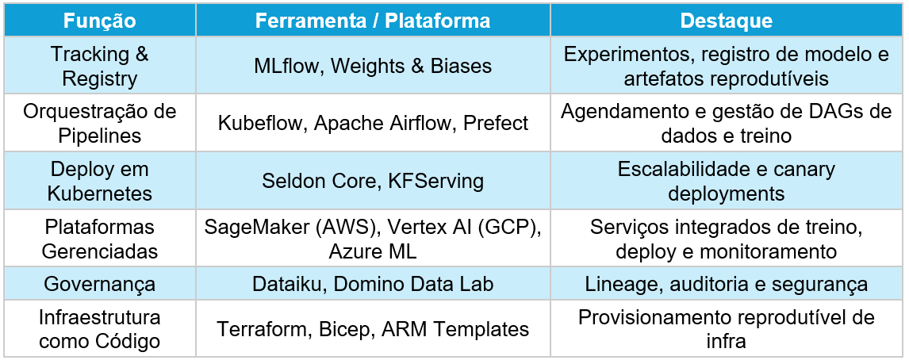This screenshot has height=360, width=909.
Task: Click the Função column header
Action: point(100,21)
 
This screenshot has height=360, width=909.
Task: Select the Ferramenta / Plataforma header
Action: point(373,21)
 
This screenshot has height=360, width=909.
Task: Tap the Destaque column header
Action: point(726,21)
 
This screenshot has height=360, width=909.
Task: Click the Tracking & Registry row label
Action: point(100,66)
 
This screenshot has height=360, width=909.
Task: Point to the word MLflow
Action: point(282,66)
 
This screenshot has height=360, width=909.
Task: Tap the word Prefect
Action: point(496,123)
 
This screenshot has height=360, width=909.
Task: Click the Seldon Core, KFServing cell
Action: point(373,181)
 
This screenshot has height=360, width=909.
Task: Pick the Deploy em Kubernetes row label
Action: point(100,181)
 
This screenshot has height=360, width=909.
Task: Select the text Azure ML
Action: point(373,251)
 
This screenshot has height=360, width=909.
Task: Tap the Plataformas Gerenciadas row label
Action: point(100,239)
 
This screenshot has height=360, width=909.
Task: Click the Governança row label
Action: point(100,284)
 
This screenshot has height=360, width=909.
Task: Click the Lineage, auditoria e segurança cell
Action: point(726,284)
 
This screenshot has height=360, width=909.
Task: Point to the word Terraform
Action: point(264,329)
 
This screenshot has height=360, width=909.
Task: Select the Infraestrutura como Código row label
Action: point(100,329)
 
